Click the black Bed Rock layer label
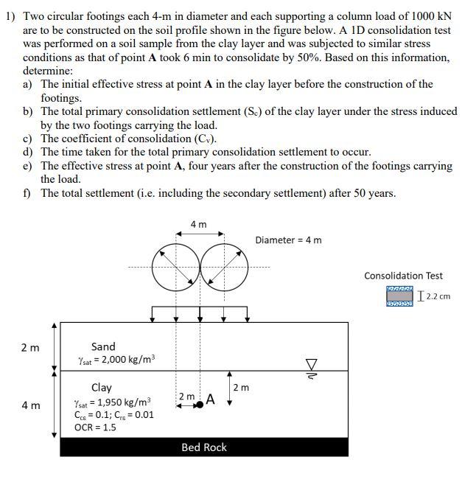pyautogui.click(x=204, y=447)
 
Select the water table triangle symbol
pyautogui.click(x=311, y=363)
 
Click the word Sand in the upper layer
pyautogui.click(x=103, y=346)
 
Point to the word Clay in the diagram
pyautogui.click(x=102, y=388)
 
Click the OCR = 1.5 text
pyautogui.click(x=95, y=428)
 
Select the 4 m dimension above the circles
pyautogui.click(x=198, y=224)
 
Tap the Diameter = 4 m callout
pyautogui.click(x=288, y=240)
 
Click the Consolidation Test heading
pyautogui.click(x=403, y=276)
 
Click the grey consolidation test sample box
pyautogui.click(x=400, y=297)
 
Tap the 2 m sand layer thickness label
pyautogui.click(x=30, y=348)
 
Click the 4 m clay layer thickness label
pyautogui.click(x=30, y=405)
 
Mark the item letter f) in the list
pyautogui.click(x=27, y=193)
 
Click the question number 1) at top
pyautogui.click(x=11, y=15)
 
